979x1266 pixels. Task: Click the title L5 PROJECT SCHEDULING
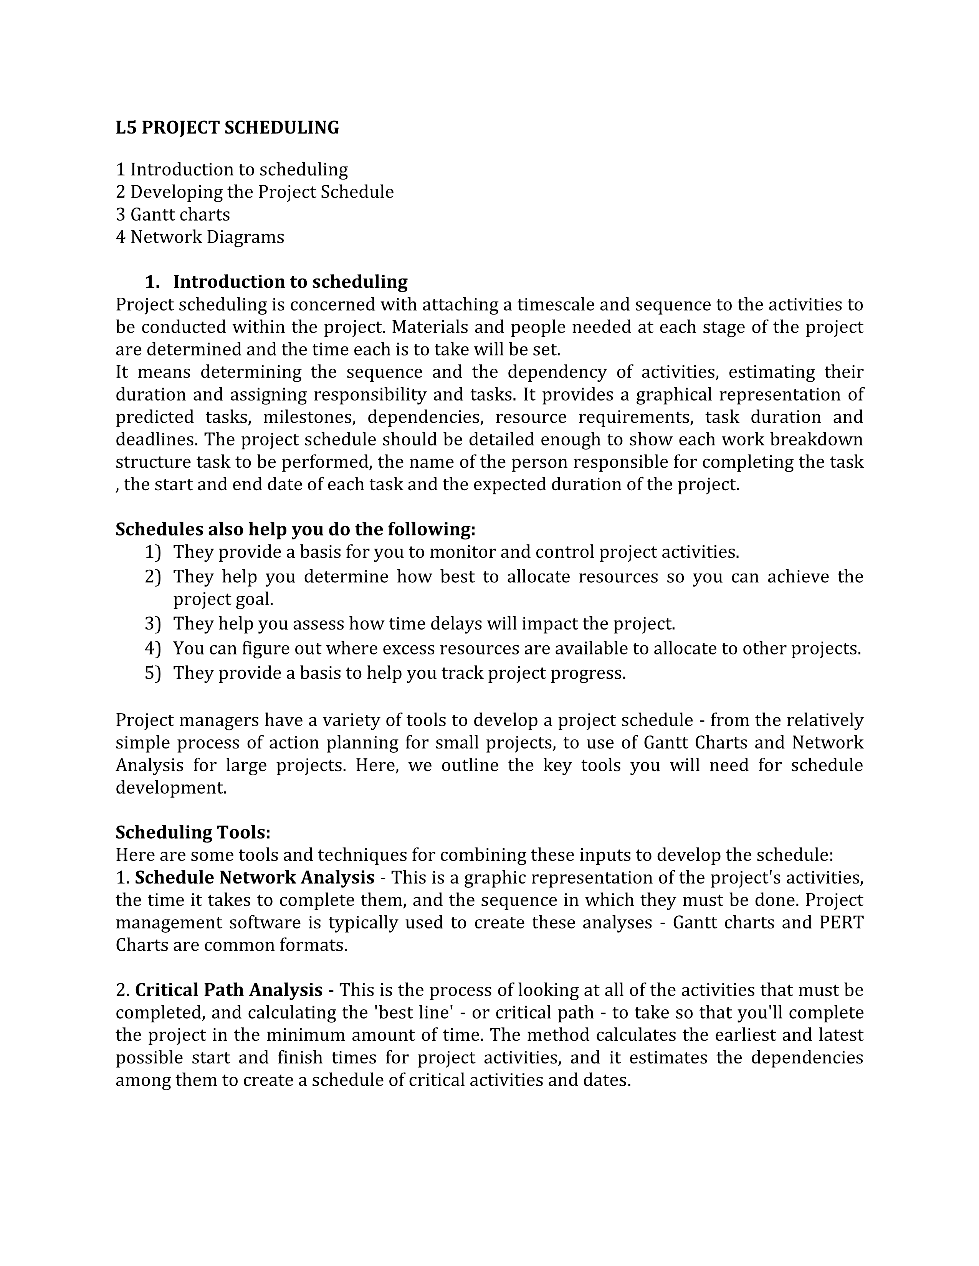pos(227,127)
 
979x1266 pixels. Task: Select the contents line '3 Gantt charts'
pos(173,214)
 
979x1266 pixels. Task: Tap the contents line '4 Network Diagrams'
pos(200,237)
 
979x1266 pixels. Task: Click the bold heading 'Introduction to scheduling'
pos(290,282)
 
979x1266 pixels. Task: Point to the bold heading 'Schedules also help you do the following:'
pos(295,529)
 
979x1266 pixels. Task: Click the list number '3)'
pos(152,624)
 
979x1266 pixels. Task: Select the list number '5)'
pos(152,673)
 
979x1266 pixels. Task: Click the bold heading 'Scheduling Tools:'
pos(193,832)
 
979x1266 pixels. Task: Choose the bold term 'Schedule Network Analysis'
pos(255,878)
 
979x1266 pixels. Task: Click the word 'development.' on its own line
pos(171,788)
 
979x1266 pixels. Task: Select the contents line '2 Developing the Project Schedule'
pos(255,192)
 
